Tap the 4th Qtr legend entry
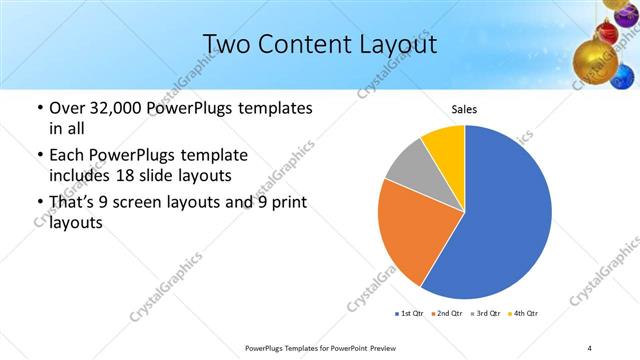pos(525,314)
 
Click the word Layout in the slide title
pos(395,44)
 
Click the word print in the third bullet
pos(288,203)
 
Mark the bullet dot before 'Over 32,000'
pos(39,108)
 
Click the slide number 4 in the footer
pos(590,347)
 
